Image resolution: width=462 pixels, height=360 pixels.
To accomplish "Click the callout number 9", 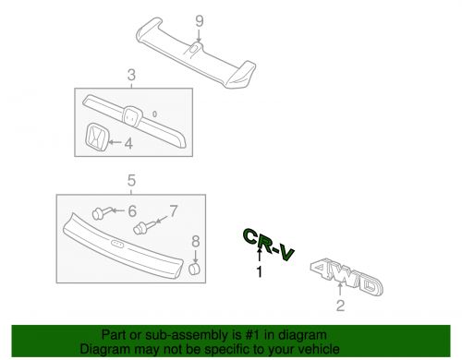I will pos(198,19).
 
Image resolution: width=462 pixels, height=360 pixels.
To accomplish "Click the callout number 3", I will pos(132,75).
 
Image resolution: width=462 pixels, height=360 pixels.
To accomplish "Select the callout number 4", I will pos(128,143).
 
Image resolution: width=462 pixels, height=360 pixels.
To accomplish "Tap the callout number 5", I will pos(132,180).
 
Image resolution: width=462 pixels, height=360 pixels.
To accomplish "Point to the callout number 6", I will pos(131,212).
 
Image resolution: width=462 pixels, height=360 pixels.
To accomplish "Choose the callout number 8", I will pos(195,243).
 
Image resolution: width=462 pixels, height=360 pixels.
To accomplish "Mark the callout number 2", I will pos(339,306).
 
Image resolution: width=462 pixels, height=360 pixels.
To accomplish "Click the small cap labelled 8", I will pos(195,269).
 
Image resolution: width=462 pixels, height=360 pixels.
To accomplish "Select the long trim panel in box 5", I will pos(120,245).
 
